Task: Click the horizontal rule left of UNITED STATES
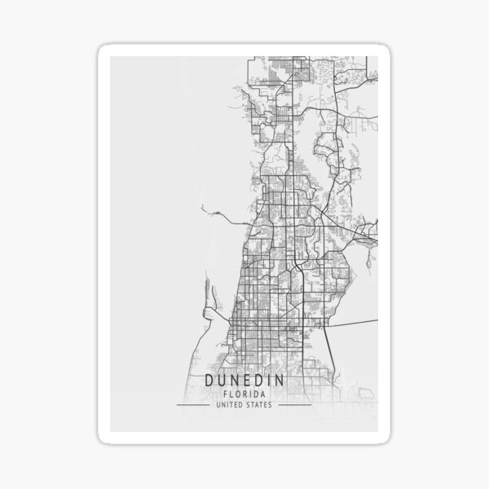click(194, 404)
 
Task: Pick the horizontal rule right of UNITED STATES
click(295, 404)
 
